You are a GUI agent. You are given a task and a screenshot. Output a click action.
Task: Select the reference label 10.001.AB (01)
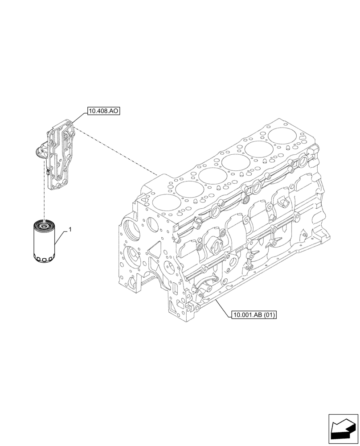coord(254,315)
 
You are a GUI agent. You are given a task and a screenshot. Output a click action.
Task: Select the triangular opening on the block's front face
coord(154,250)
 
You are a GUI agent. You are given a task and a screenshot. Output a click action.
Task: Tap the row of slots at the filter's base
coord(45,259)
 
